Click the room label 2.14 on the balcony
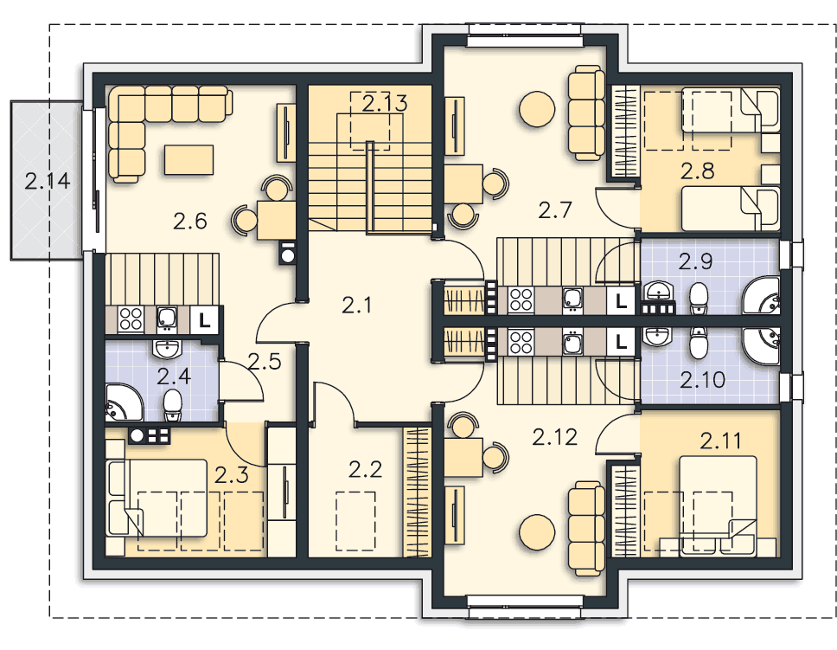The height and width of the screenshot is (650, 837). (47, 181)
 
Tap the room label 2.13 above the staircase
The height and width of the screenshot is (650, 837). (384, 103)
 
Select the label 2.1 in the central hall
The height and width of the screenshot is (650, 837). (356, 306)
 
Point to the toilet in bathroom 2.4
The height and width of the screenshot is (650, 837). (172, 405)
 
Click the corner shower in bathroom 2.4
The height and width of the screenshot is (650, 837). (124, 402)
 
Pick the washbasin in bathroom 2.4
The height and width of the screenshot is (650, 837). (168, 350)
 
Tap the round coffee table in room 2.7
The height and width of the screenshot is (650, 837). (536, 109)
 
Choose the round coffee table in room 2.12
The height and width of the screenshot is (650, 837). (536, 532)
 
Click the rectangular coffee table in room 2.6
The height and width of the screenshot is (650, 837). (189, 160)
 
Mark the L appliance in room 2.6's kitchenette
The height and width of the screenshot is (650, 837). (204, 320)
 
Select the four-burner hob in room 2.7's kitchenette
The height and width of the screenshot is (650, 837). (521, 300)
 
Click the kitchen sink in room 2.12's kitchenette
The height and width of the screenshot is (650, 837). (572, 343)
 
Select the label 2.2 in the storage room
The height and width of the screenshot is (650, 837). (366, 470)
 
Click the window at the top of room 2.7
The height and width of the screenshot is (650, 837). (524, 35)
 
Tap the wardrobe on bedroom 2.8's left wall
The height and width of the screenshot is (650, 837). (625, 132)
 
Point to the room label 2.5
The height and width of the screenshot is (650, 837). (265, 362)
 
